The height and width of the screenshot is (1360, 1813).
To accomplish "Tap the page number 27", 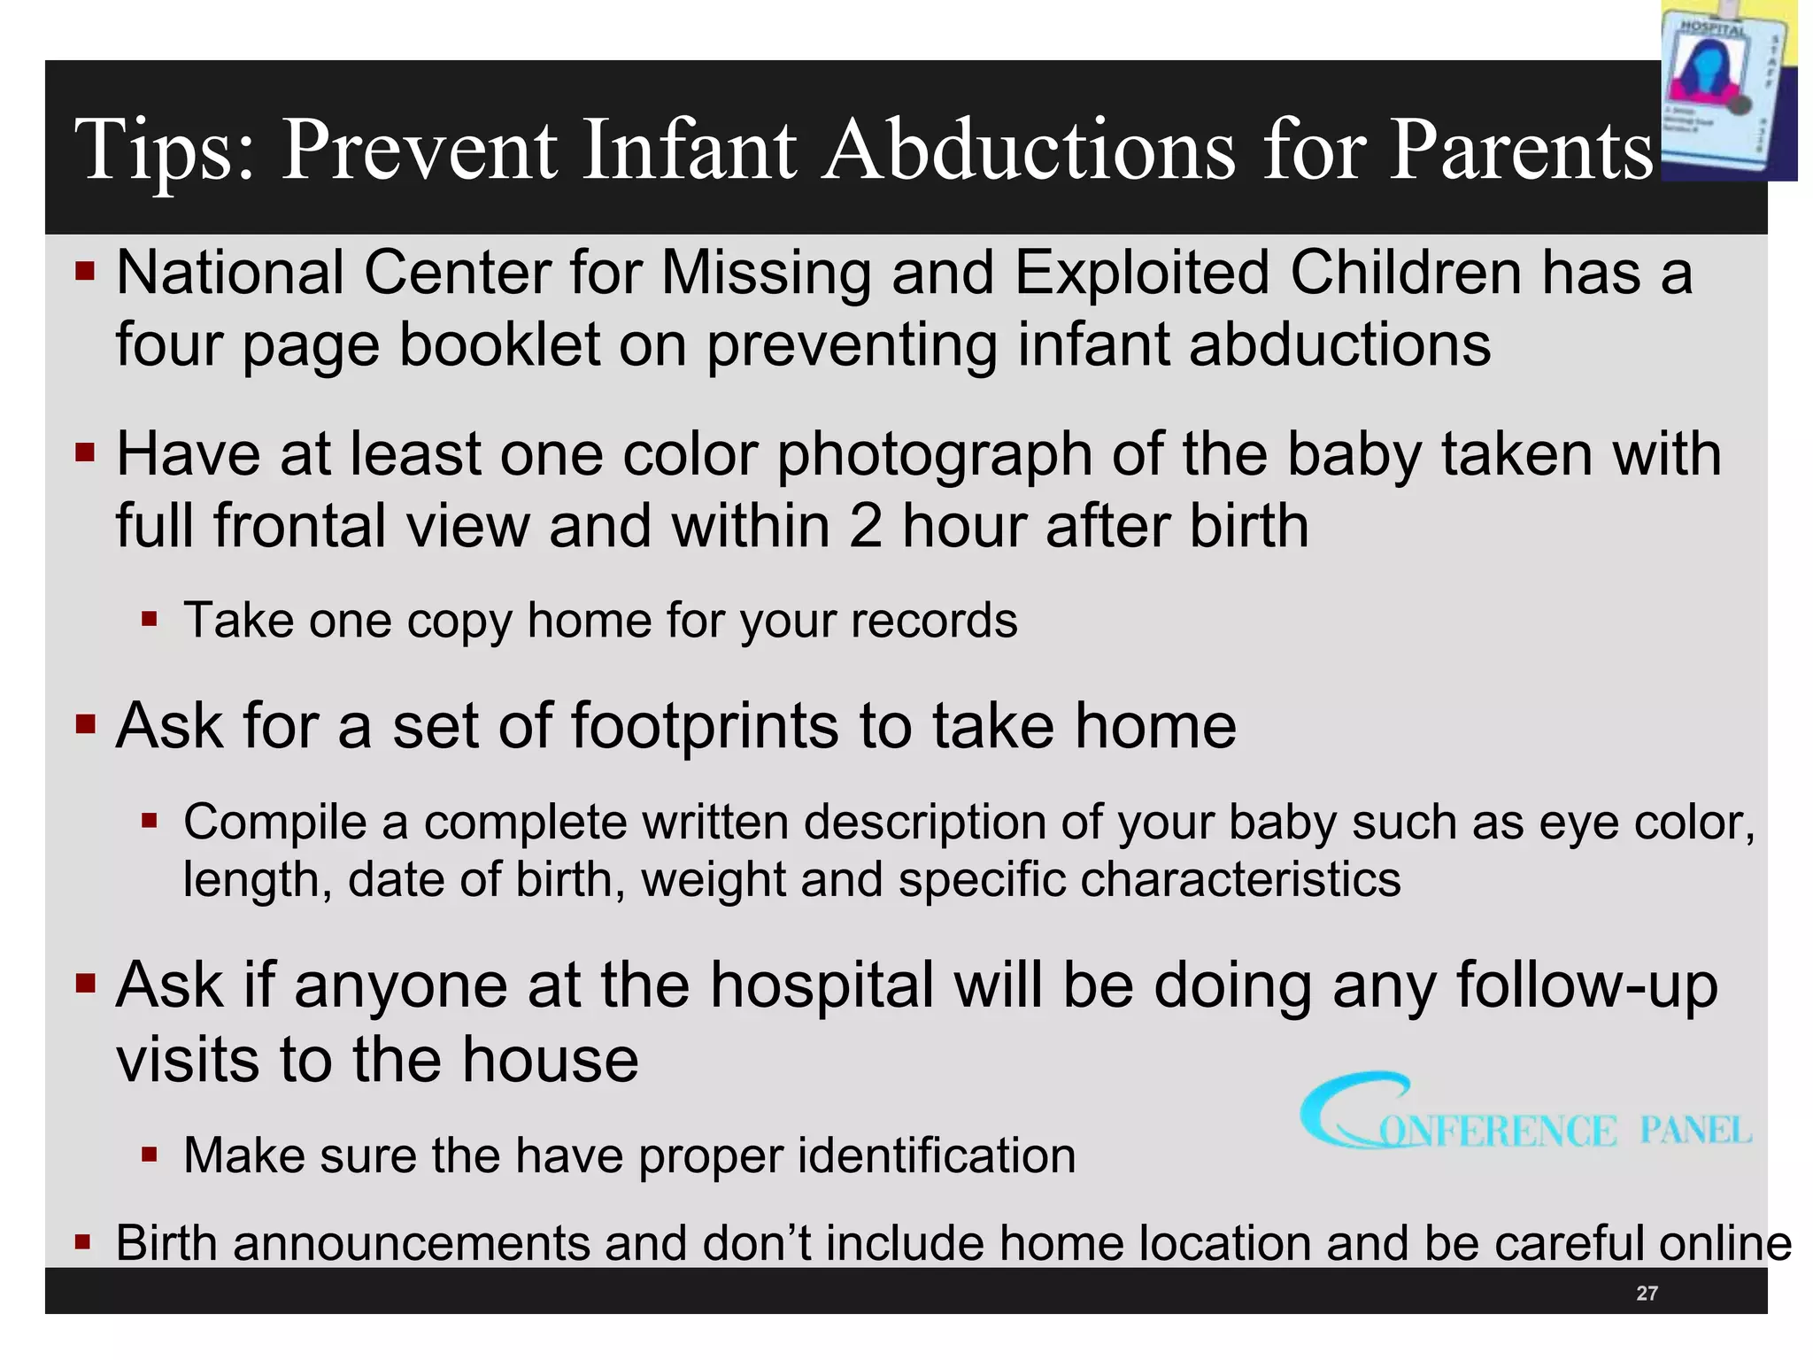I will tap(1647, 1294).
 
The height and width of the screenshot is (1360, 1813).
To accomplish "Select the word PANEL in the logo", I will tap(1694, 1131).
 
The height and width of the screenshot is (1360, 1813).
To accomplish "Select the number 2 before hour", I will tap(865, 525).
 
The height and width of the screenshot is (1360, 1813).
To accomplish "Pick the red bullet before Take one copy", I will tap(149, 618).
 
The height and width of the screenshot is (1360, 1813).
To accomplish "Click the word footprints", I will tap(705, 725).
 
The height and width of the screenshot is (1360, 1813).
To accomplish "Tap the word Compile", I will tap(274, 822).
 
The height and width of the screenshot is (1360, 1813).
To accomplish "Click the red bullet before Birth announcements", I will tap(83, 1241).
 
